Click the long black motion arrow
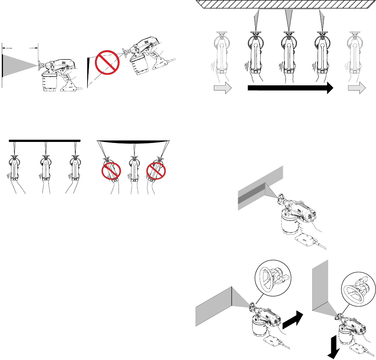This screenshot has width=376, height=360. pos(290,88)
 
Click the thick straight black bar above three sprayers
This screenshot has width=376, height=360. pos(44,140)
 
